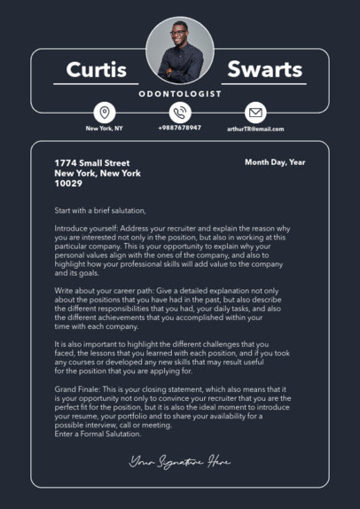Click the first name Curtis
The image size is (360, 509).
tap(97, 70)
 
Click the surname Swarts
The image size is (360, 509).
tap(265, 70)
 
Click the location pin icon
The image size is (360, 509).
tap(105, 113)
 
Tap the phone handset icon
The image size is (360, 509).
tap(180, 113)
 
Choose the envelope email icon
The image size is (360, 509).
tap(255, 113)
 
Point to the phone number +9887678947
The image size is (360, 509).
tap(180, 129)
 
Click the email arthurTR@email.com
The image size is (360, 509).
tap(255, 129)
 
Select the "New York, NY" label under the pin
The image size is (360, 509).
tap(105, 129)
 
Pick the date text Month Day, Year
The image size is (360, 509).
tap(275, 162)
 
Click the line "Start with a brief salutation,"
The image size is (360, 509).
tap(100, 210)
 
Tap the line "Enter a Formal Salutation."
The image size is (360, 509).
tap(98, 433)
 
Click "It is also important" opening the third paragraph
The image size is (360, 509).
tap(85, 344)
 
